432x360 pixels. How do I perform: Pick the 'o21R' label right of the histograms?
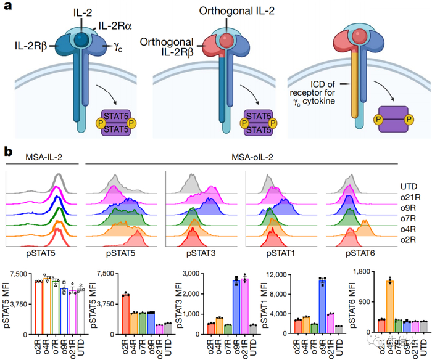[405, 197]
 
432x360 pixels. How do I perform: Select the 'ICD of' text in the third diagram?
[314, 84]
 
